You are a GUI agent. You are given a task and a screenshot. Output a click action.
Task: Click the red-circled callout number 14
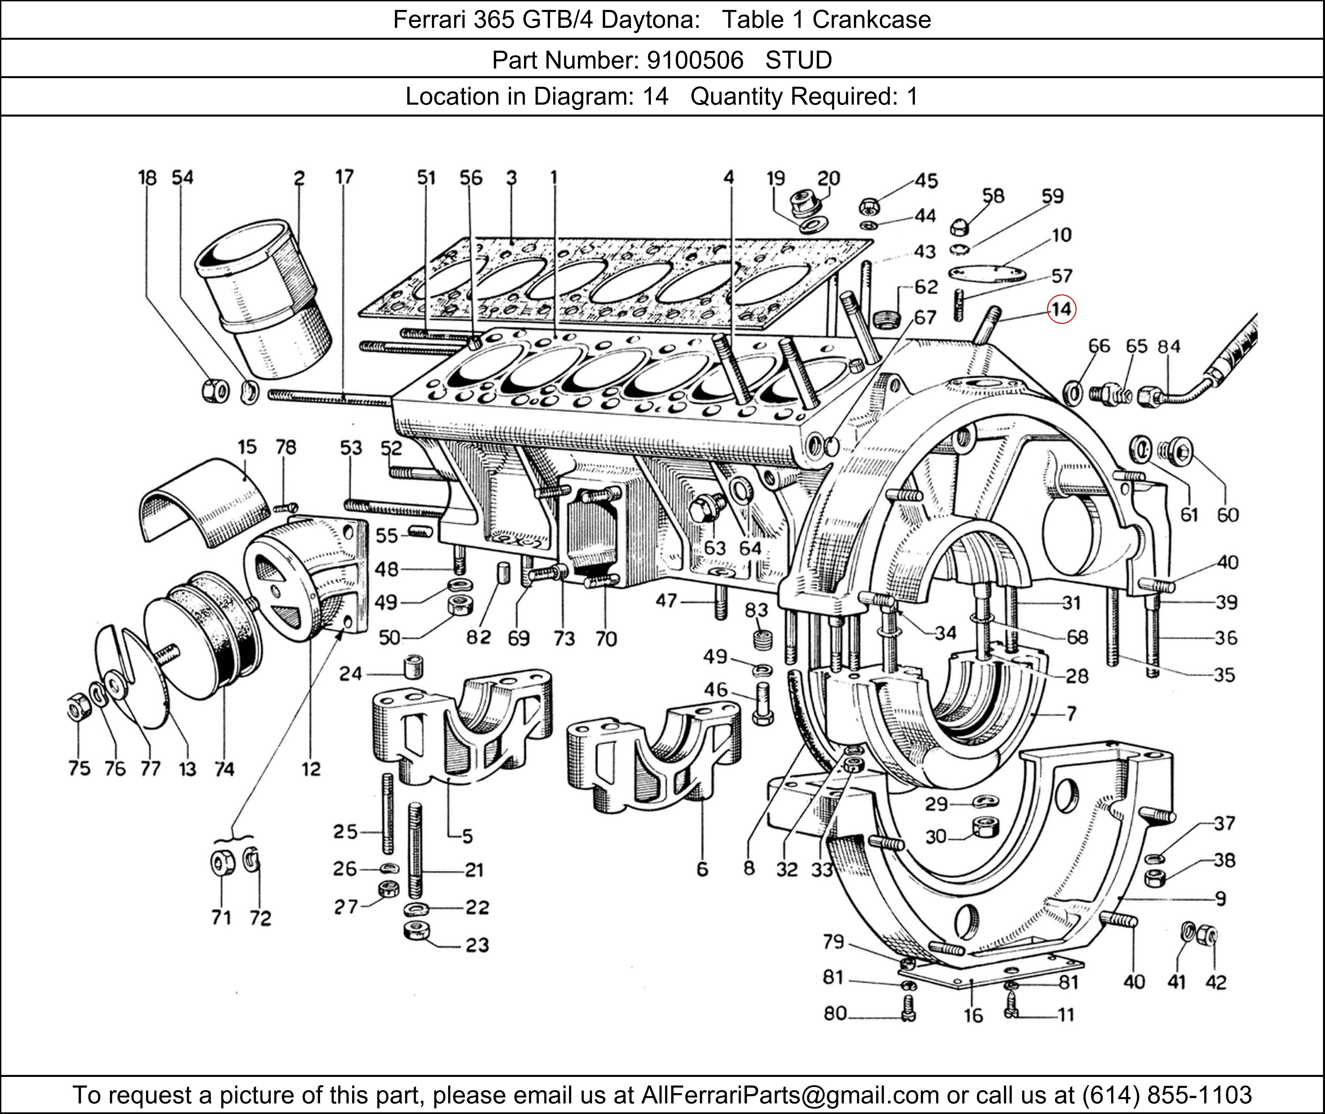[1061, 309]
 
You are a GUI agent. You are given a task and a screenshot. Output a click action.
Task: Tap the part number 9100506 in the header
[695, 60]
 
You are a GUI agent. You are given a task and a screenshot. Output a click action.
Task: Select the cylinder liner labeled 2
[265, 297]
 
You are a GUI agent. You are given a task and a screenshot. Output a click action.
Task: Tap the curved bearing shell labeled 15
[202, 505]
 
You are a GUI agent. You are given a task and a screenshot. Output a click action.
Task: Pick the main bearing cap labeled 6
[654, 758]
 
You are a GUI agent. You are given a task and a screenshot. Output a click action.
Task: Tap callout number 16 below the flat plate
[973, 1016]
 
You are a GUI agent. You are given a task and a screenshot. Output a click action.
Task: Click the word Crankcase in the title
[872, 20]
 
